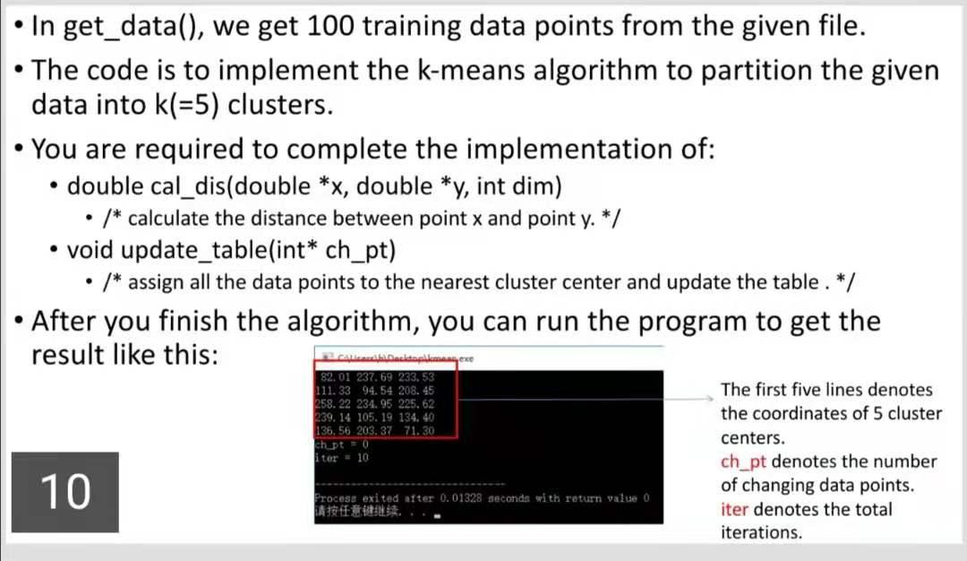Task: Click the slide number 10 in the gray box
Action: (x=65, y=491)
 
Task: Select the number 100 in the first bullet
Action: (x=337, y=25)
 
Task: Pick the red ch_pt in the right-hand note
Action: (x=743, y=462)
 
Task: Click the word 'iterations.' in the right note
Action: (x=761, y=532)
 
